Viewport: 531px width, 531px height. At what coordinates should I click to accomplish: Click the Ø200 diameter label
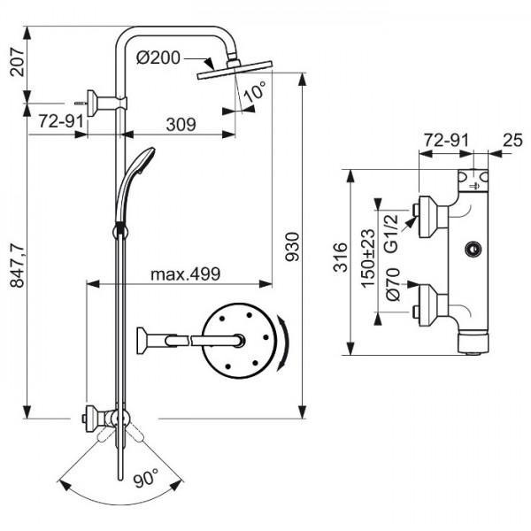click(x=158, y=58)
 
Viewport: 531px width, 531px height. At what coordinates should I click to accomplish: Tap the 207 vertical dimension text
click(x=18, y=62)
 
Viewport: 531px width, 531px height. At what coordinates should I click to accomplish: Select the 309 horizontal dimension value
click(x=181, y=124)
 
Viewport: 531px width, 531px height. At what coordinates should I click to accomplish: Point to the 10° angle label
click(x=255, y=91)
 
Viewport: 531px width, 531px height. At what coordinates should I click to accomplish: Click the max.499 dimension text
click(x=186, y=274)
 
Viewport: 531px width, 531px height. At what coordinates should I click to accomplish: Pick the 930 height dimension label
click(x=292, y=247)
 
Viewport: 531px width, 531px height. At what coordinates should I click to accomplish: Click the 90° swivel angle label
click(x=146, y=478)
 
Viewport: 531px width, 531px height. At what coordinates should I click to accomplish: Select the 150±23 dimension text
click(x=368, y=258)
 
